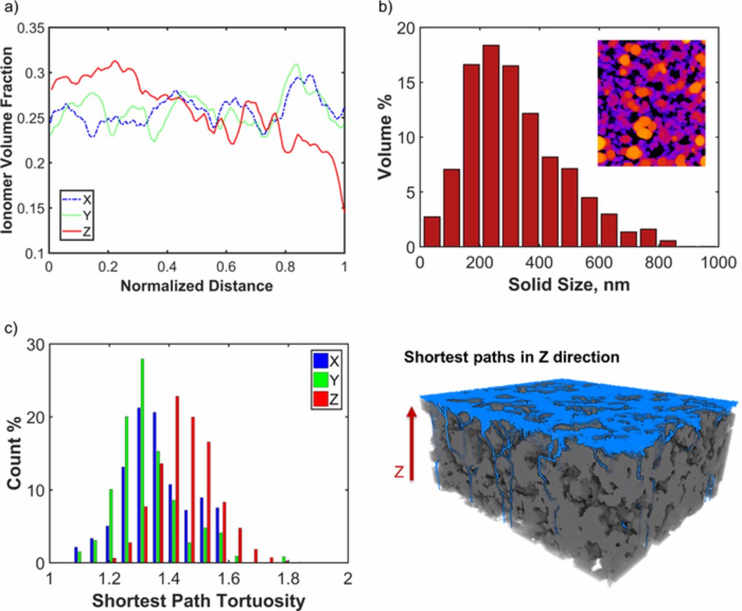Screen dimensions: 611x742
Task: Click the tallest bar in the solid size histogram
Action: (x=491, y=145)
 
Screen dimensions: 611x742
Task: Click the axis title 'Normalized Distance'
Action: (x=197, y=285)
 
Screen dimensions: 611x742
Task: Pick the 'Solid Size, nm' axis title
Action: (x=569, y=285)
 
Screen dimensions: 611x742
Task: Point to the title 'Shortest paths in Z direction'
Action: (x=511, y=356)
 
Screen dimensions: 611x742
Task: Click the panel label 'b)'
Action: (x=385, y=8)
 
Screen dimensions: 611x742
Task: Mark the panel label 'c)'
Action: (x=11, y=328)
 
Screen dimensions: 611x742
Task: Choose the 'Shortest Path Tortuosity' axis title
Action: (x=198, y=601)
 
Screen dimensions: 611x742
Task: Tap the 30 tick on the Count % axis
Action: (x=36, y=345)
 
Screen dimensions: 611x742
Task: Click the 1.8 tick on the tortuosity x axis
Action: (x=288, y=579)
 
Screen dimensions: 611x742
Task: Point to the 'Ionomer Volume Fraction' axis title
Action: (x=8, y=140)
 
